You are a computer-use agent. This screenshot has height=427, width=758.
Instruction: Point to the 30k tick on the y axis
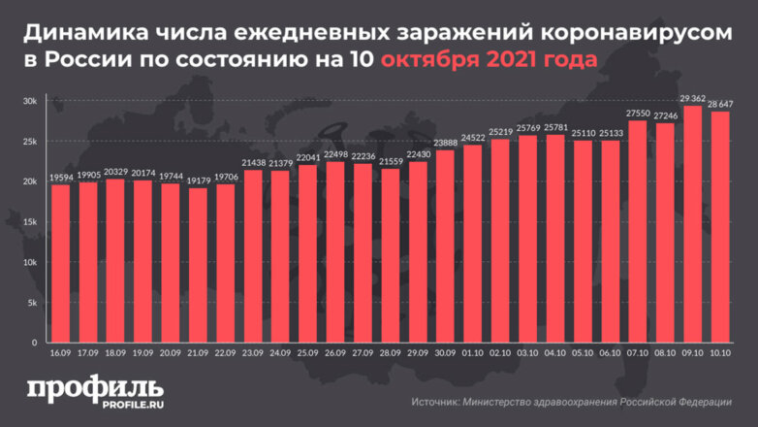tap(30, 102)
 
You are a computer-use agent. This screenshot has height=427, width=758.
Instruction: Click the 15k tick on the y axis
tap(30, 222)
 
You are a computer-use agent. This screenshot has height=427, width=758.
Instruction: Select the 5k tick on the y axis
tap(32, 303)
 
